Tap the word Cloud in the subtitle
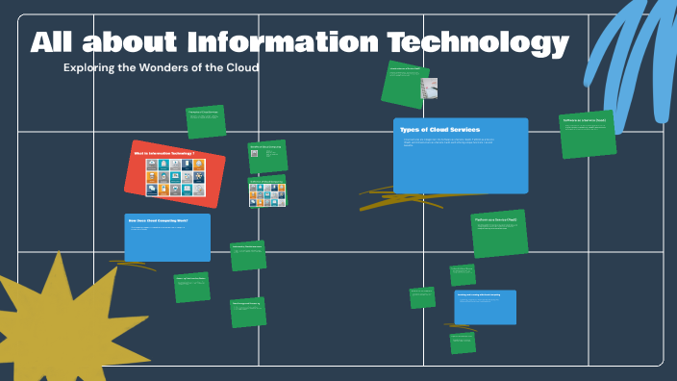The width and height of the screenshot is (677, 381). tap(240, 68)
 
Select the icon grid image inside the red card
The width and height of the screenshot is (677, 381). tap(175, 177)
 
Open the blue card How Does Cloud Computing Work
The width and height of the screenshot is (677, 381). tap(166, 238)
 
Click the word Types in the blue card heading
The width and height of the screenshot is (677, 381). tap(411, 129)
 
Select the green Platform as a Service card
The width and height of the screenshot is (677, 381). tap(499, 234)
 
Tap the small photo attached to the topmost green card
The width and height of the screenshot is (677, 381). tap(429, 90)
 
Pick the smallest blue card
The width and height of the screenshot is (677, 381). tap(485, 307)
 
